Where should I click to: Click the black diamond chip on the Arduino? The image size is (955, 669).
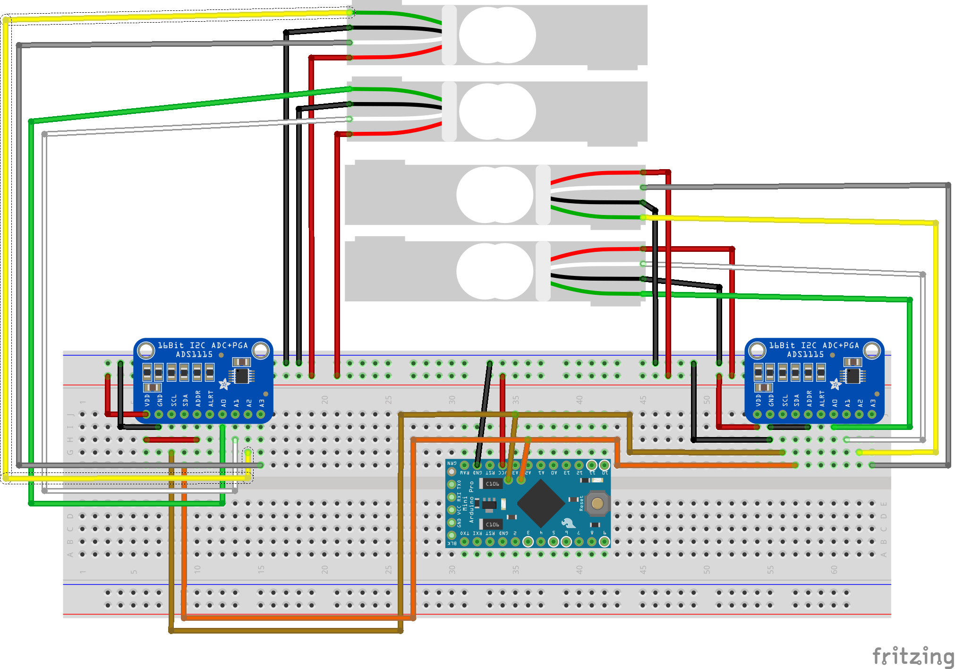(x=541, y=503)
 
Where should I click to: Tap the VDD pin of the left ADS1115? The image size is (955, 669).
(x=146, y=414)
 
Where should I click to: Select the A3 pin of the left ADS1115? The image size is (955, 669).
(x=261, y=414)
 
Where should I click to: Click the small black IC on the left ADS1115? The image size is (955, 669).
(x=242, y=376)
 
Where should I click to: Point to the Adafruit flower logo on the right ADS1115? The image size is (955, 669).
(x=836, y=384)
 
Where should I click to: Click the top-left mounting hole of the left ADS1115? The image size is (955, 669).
(x=146, y=350)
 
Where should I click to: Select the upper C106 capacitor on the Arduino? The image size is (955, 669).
(x=491, y=484)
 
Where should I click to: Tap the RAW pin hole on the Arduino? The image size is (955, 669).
(x=464, y=465)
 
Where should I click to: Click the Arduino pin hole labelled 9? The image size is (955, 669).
(x=604, y=541)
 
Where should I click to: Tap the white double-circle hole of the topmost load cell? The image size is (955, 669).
(x=497, y=35)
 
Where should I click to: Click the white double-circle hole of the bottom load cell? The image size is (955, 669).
(x=495, y=271)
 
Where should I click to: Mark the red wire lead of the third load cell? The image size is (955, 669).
(x=595, y=174)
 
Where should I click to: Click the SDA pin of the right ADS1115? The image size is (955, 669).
(x=796, y=414)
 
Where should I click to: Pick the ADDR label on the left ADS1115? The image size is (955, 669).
(x=198, y=398)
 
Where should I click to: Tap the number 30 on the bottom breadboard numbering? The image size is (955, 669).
(x=452, y=570)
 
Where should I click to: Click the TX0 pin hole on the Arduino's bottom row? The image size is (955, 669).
(x=464, y=541)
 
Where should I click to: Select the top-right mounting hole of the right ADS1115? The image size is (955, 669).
(x=872, y=350)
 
